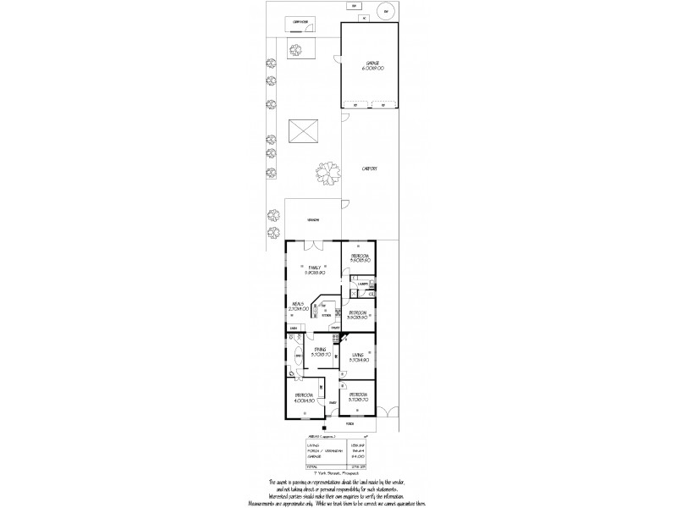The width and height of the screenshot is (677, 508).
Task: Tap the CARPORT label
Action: pos(369,168)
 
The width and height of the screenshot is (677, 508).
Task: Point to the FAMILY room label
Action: pos(316,267)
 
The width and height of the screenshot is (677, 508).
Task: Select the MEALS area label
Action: pos(297,304)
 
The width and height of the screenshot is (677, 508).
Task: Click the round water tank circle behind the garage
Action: pos(387,11)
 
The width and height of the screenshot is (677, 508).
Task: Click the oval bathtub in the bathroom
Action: pos(297,356)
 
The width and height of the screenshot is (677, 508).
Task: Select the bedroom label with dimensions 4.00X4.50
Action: pos(305,396)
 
